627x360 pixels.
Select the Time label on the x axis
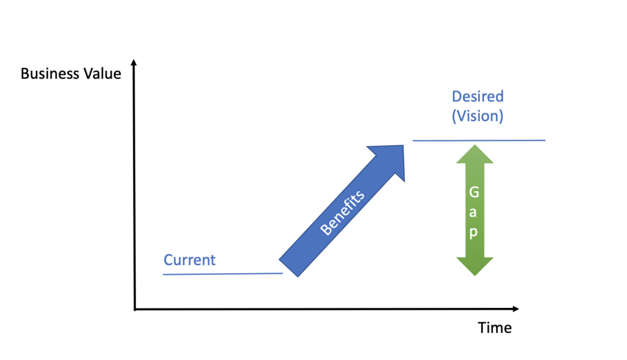tap(495, 328)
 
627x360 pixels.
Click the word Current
tap(189, 260)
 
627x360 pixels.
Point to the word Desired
tap(478, 96)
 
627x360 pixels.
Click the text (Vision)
tap(478, 116)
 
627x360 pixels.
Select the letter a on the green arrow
tap(473, 213)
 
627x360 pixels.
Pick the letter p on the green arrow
tap(473, 233)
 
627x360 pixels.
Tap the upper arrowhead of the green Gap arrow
tap(475, 153)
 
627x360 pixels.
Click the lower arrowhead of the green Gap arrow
tap(475, 266)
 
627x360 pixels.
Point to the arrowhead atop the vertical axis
tap(134, 62)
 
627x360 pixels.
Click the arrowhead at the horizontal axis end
tap(516, 309)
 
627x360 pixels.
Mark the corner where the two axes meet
tap(135, 309)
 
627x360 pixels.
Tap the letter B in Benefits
tap(325, 230)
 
